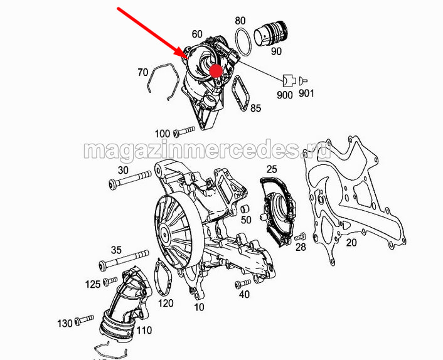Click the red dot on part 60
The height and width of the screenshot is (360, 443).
pos(216,71)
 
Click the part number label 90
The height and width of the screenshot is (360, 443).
pos(276,51)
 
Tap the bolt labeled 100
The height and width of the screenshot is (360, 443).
pos(184,131)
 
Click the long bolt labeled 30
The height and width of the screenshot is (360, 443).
pos(130,179)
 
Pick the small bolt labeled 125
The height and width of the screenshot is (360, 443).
pos(110,281)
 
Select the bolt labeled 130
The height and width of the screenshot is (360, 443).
pos(84,320)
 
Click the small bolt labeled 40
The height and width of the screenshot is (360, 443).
pos(243,283)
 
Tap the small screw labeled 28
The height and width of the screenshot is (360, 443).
pos(300,236)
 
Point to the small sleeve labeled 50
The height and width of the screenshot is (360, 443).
pos(245,209)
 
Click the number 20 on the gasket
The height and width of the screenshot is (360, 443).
pos(351,243)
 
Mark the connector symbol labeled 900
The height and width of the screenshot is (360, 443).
pos(289,80)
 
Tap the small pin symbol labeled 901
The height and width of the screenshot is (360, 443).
pos(304,81)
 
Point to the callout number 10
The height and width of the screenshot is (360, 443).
pos(199,307)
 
